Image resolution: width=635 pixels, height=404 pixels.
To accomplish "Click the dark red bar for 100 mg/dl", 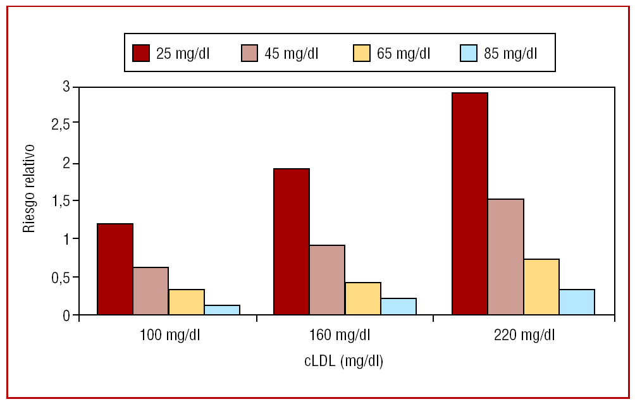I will (x=114, y=269).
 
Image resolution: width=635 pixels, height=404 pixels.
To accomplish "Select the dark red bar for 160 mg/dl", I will (x=292, y=242).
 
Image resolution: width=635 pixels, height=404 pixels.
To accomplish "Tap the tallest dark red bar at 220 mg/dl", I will (x=469, y=204).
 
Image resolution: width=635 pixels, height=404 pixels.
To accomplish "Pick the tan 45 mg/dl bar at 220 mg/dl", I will (x=505, y=257).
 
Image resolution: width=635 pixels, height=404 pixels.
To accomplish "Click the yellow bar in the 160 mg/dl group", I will (x=362, y=298).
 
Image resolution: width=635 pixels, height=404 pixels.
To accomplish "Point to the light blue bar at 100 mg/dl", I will (x=222, y=310).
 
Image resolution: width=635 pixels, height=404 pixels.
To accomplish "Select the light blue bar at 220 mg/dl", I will (x=577, y=302).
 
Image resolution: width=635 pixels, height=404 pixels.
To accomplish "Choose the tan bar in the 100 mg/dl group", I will (x=151, y=291).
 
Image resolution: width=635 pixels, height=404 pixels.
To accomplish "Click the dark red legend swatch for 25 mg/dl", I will (x=140, y=52).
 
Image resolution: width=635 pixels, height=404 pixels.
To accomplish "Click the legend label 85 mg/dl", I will (x=510, y=52).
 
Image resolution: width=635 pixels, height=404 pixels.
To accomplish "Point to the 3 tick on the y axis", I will (x=66, y=87).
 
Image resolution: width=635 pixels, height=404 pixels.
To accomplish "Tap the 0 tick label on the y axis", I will (x=66, y=315).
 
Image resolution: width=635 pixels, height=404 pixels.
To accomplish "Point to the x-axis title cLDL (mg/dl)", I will (x=344, y=361).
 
